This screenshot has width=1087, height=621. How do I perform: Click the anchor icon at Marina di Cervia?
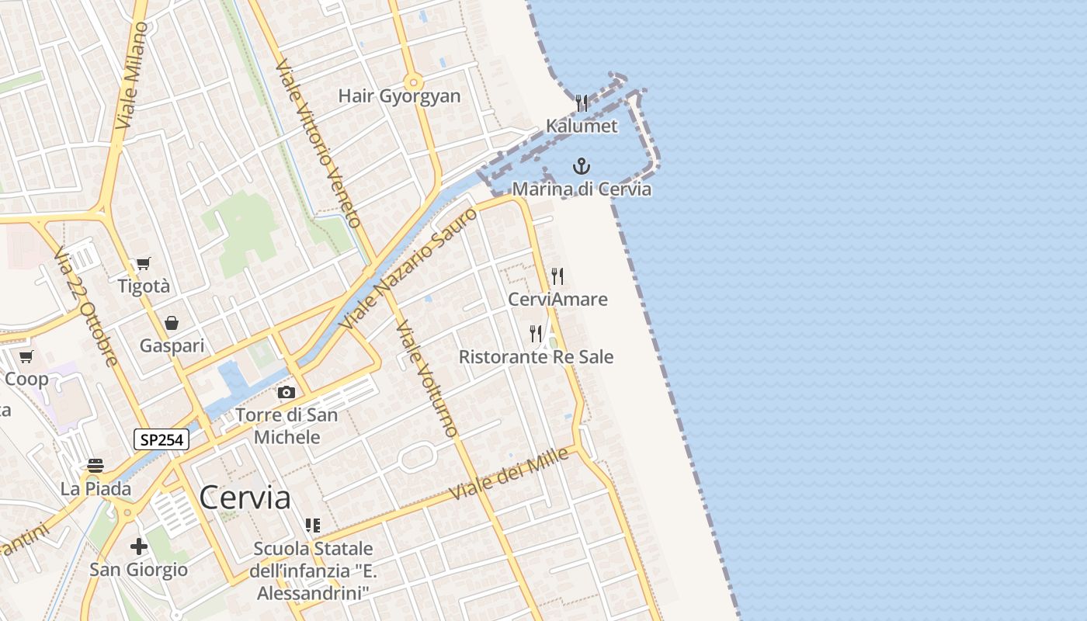(581, 166)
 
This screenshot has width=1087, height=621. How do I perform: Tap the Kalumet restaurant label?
(582, 126)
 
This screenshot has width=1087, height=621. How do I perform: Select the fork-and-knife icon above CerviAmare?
(557, 276)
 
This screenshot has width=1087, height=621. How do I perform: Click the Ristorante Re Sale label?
(536, 357)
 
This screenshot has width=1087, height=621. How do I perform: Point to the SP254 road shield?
(161, 439)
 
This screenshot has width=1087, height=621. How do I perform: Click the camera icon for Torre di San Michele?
(287, 393)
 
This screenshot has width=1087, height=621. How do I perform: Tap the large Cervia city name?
(245, 498)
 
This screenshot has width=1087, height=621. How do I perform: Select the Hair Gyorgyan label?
(399, 96)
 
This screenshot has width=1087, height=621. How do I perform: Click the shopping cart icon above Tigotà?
(143, 264)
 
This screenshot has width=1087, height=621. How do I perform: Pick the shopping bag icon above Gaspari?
(172, 323)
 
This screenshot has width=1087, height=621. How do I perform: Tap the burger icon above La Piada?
(96, 466)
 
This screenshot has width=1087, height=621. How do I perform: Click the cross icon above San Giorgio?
(138, 546)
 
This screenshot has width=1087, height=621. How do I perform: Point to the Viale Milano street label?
(132, 75)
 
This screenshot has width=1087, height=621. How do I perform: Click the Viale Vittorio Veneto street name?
(319, 144)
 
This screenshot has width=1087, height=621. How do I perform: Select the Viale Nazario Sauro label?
(409, 267)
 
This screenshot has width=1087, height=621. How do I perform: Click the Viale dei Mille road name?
(509, 474)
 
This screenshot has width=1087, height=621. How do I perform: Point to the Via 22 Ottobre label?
(85, 306)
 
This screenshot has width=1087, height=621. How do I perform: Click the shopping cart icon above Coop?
(26, 357)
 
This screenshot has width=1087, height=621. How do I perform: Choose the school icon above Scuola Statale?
(312, 526)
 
